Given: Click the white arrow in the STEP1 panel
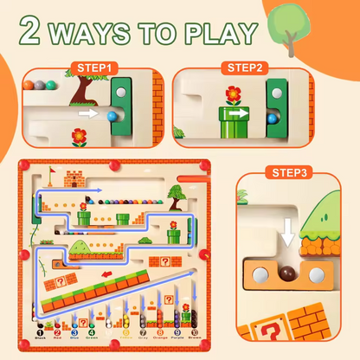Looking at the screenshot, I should point(88,112).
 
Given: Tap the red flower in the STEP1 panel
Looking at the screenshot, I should point(80,136).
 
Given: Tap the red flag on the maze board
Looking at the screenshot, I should point(51,173).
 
